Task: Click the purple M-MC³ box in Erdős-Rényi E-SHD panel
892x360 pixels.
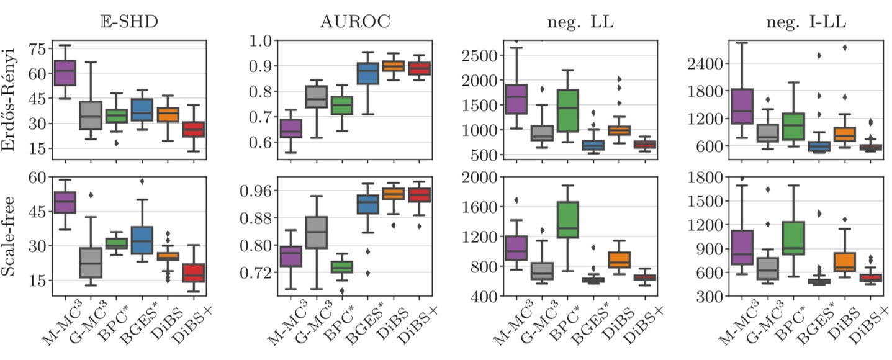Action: tap(65, 73)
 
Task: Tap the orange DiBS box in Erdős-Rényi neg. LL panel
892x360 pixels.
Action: tap(619, 130)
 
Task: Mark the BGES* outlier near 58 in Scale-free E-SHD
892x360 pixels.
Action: tap(142, 182)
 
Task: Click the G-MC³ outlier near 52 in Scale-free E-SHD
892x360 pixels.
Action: tap(91, 195)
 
